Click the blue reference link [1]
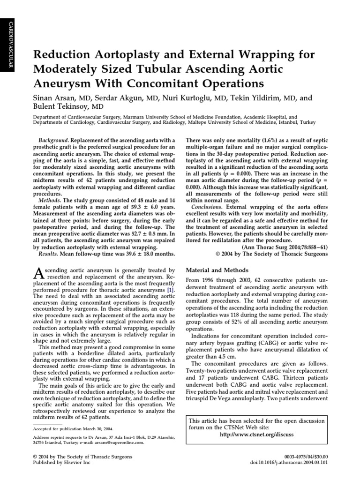[x=172, y=290]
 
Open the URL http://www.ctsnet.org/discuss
[x=256, y=435]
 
